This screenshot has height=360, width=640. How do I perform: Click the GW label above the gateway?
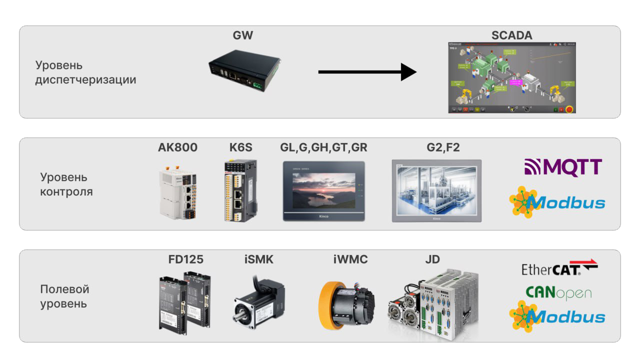[x=243, y=35]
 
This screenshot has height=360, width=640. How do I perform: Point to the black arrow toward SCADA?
[x=367, y=72]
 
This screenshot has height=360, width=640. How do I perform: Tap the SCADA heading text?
[x=512, y=35]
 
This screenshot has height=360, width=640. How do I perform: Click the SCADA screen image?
[x=512, y=78]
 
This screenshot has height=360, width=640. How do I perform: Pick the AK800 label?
[x=177, y=147]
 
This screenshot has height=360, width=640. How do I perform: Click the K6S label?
[x=241, y=147]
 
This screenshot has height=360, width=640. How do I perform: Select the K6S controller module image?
[x=240, y=190]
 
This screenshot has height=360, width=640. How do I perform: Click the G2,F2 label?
[x=436, y=147]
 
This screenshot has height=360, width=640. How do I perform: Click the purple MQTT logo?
[x=563, y=167]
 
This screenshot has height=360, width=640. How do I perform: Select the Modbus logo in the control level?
[x=557, y=202]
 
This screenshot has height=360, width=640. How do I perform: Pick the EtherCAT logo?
[x=559, y=268]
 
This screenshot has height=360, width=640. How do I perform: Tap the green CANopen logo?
[x=558, y=292]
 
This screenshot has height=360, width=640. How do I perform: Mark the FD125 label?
[x=186, y=259]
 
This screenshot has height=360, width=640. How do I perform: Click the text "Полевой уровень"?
[x=64, y=296]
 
